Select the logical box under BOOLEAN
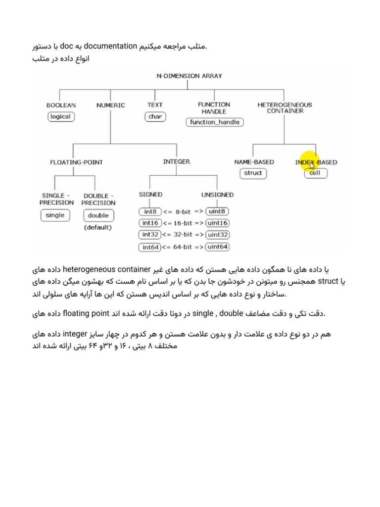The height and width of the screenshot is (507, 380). tap(60, 117)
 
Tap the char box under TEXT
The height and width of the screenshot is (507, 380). tap(155, 117)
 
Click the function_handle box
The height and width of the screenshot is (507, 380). tap(214, 122)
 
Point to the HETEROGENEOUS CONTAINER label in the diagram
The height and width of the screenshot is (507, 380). tap(285, 107)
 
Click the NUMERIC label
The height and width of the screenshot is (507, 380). tap(111, 105)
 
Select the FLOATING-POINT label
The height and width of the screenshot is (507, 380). tap(77, 162)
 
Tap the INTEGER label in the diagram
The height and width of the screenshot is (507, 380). tap(176, 161)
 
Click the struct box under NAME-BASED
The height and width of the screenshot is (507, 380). tap(253, 173)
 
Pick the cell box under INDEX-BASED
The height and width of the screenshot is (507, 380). tap(315, 173)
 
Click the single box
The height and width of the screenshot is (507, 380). tap(55, 215)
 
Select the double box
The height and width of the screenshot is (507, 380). tap(98, 215)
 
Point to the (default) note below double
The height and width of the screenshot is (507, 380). tap(98, 228)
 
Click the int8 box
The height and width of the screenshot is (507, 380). tap(149, 212)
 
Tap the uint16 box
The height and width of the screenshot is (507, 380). tap(218, 223)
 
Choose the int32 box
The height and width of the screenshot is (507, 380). tap(150, 235)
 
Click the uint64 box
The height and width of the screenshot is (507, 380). tap(218, 247)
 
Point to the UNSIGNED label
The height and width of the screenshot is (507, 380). tap(218, 195)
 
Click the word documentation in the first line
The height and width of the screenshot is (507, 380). tap(110, 47)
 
